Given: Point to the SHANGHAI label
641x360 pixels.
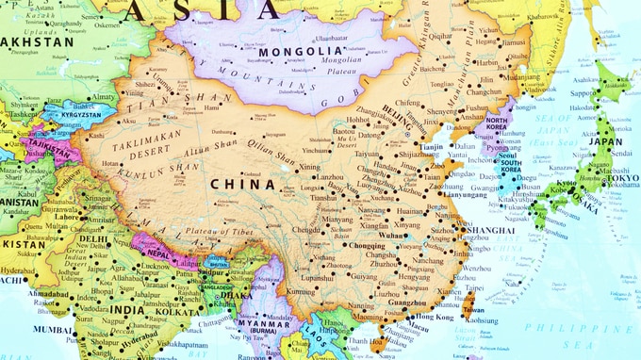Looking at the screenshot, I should [x=489, y=229].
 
